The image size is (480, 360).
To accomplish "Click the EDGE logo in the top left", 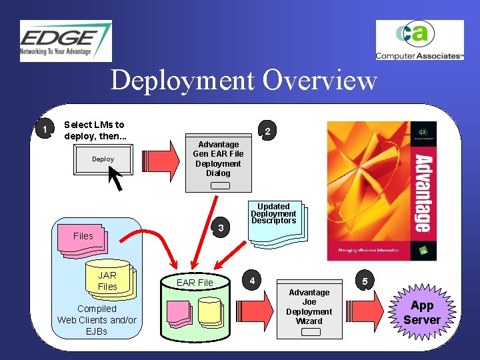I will tap(65, 41).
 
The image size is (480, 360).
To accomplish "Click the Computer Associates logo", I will tap(419, 41).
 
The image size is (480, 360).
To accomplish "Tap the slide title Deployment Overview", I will tap(243, 81).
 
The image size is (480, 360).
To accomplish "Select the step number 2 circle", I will tap(267, 131).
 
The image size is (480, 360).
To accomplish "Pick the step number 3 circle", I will tap(219, 229).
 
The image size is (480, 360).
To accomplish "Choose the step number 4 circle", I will tap(251, 280).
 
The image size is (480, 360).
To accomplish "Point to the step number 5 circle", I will tap(365, 281).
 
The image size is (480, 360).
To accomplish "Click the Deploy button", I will tap(103, 159).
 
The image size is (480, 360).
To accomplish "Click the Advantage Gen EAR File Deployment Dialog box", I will tap(218, 163).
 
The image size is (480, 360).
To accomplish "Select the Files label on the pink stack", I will tap(83, 236).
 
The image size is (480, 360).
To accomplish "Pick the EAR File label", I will tap(195, 283).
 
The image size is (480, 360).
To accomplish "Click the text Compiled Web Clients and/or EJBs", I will tap(97, 319).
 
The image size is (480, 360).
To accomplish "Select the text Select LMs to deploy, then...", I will tap(94, 130).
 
